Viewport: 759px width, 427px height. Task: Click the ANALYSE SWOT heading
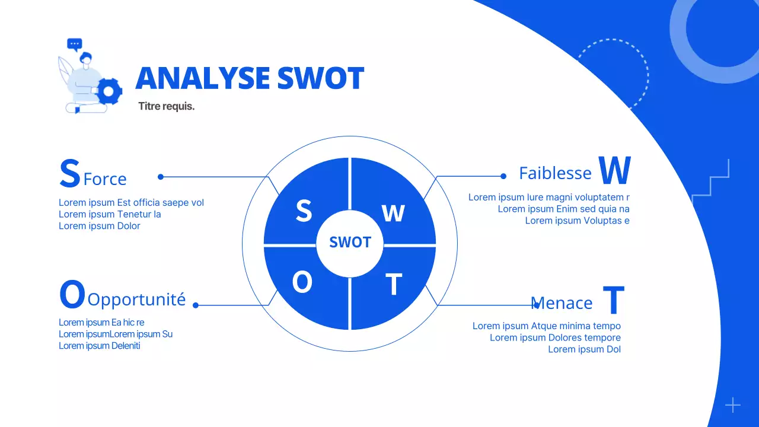point(250,79)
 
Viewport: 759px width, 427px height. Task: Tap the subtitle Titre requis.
point(166,107)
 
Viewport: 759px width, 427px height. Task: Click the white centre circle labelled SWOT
point(350,243)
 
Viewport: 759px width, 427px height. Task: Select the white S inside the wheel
point(304,211)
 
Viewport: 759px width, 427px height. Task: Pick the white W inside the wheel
point(393,213)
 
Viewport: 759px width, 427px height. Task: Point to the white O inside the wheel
point(302,283)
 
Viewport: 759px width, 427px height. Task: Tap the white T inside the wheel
point(394,285)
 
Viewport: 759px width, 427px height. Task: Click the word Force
point(105,179)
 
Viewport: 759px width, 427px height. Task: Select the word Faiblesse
point(555,173)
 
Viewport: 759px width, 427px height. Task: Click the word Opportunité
point(136,299)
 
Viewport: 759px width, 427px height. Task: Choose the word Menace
point(562,304)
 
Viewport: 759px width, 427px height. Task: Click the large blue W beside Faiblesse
point(614,171)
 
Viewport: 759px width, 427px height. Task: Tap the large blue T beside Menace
point(614,300)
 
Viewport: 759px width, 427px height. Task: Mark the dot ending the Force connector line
point(161,177)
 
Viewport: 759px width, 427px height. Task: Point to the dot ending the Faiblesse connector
point(503,176)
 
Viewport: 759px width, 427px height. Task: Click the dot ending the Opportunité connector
point(196,305)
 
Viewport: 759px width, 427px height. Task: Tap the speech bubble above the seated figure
point(74,44)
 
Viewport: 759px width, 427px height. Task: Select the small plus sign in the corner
point(733,405)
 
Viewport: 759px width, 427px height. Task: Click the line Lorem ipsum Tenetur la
point(110,214)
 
